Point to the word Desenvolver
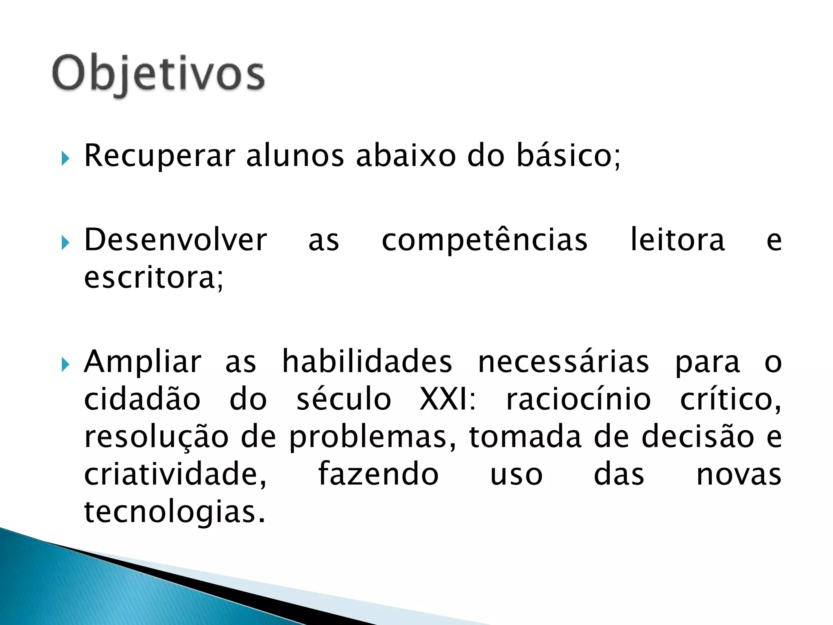[x=175, y=240]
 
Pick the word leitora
[x=677, y=240]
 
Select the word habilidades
[x=367, y=362]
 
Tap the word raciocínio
[x=578, y=399]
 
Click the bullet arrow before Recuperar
[x=65, y=158]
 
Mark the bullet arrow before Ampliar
[x=65, y=365]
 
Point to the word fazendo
[x=378, y=474]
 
